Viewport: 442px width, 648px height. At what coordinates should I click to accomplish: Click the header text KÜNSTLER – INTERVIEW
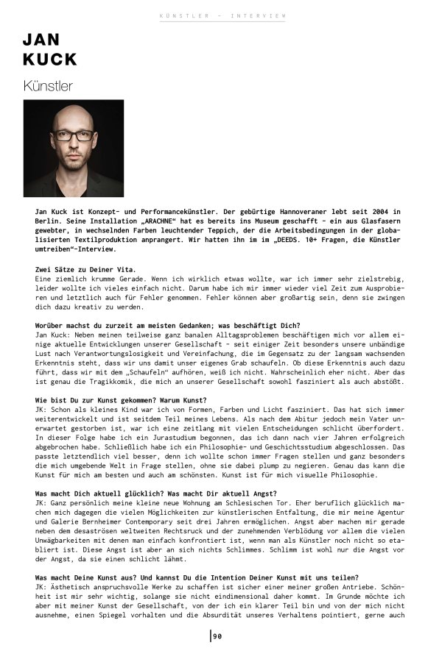click(x=222, y=15)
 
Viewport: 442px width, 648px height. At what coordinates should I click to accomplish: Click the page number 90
click(x=218, y=636)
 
